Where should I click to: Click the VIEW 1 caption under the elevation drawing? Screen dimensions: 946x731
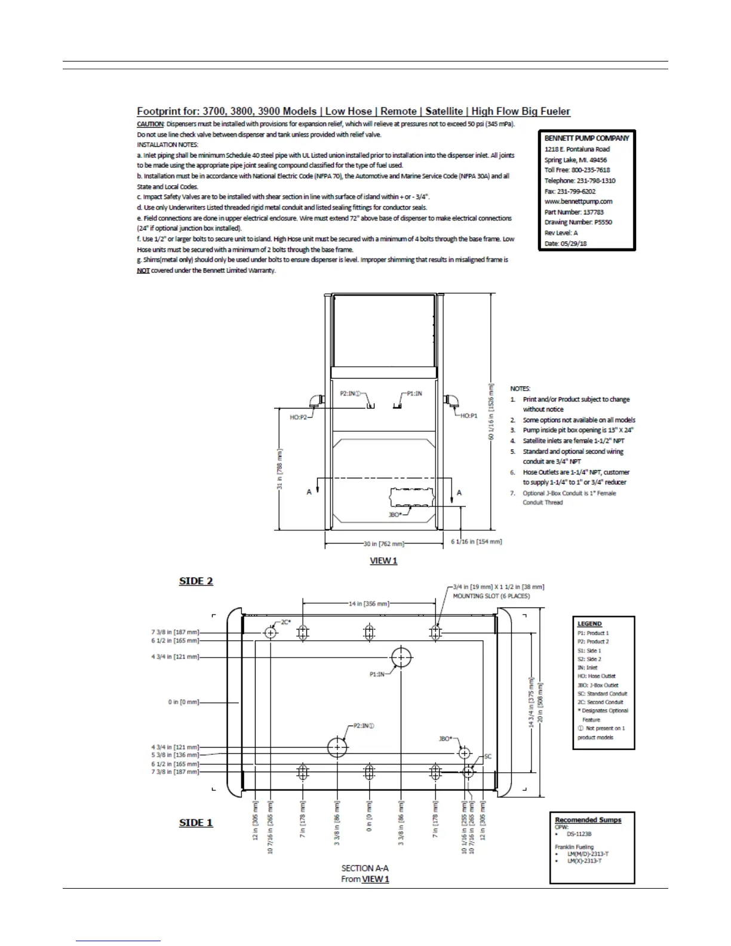coord(383,561)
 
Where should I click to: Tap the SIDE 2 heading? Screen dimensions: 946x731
coord(196,581)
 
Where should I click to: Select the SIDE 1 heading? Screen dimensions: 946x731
coord(196,822)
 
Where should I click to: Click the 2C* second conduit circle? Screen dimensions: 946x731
coord(271,632)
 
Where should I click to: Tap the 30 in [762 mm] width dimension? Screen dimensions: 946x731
coord(384,544)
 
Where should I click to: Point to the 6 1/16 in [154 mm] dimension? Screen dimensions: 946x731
coord(476,542)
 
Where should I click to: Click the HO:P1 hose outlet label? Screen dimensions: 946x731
coord(469,416)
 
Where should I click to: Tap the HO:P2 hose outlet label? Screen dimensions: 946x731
coord(299,417)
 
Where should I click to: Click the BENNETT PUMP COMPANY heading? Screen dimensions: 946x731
coord(586,138)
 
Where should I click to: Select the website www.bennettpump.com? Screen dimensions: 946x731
coord(578,201)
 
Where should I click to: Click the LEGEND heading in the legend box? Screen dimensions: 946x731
coord(589,623)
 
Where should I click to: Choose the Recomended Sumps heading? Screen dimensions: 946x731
coord(588,820)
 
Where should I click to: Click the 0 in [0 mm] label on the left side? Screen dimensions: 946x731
coord(183,702)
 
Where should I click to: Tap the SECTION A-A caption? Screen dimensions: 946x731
coord(365,868)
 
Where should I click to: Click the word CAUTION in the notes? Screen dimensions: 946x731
coord(150,124)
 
